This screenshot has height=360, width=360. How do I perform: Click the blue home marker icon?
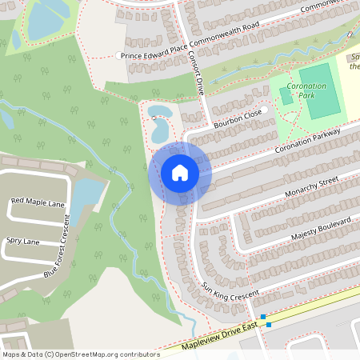[180, 172]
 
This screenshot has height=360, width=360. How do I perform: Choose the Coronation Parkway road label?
[307, 138]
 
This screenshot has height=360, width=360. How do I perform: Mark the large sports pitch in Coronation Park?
[321, 90]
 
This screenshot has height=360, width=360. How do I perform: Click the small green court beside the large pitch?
[286, 95]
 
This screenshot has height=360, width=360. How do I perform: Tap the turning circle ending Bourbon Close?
[263, 110]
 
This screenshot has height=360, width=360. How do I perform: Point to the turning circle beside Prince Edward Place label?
[118, 55]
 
